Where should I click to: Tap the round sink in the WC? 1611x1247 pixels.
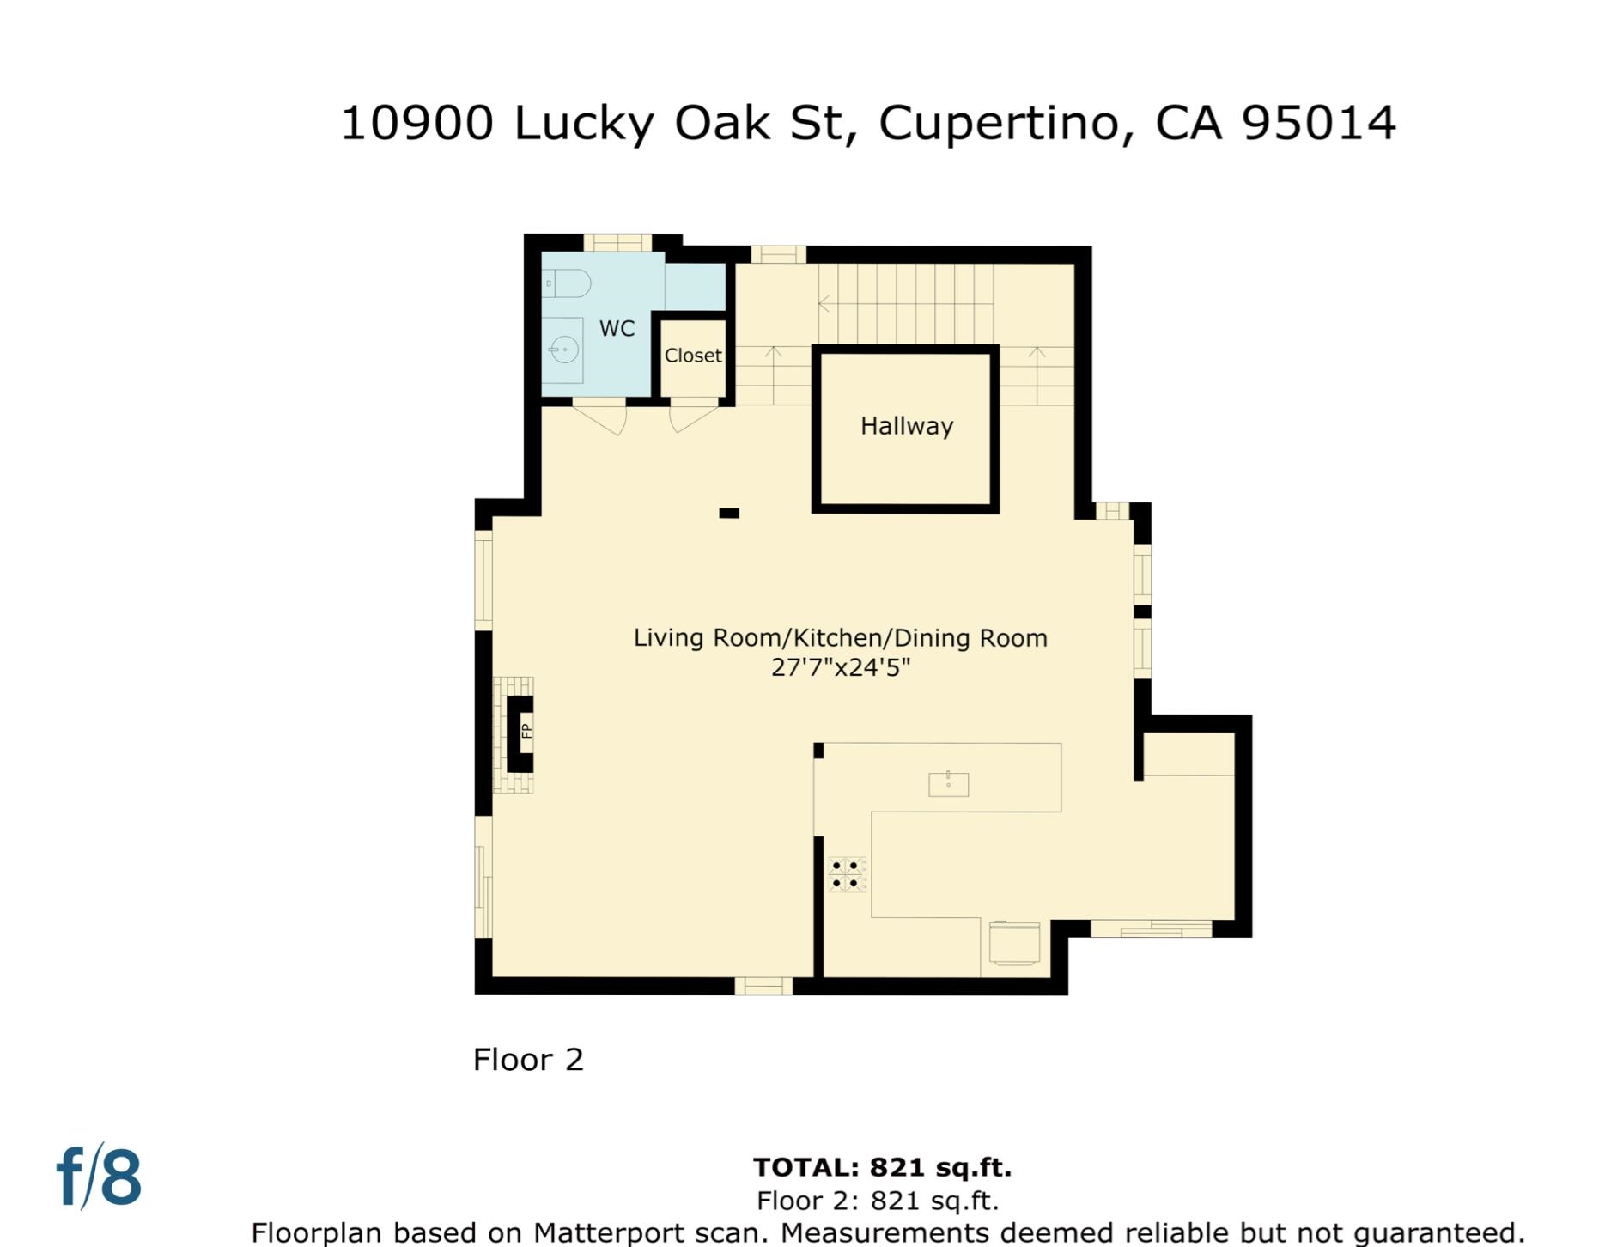click(564, 350)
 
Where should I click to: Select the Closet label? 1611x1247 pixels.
click(693, 356)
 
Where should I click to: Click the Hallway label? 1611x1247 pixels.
click(907, 426)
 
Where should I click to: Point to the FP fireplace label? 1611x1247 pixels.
click(526, 731)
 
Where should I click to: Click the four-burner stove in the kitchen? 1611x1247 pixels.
click(846, 874)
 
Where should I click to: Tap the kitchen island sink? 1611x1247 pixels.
click(948, 784)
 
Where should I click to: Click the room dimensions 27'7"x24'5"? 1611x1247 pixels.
click(840, 667)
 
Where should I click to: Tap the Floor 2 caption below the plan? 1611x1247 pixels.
click(528, 1060)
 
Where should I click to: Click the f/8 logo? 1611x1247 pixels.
click(99, 1177)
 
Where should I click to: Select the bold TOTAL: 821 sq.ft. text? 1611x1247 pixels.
click(882, 1167)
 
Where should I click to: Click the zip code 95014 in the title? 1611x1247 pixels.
click(1318, 122)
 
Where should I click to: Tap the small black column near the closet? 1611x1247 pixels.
click(729, 514)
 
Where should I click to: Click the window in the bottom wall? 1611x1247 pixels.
click(763, 985)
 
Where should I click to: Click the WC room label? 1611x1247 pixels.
click(617, 328)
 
